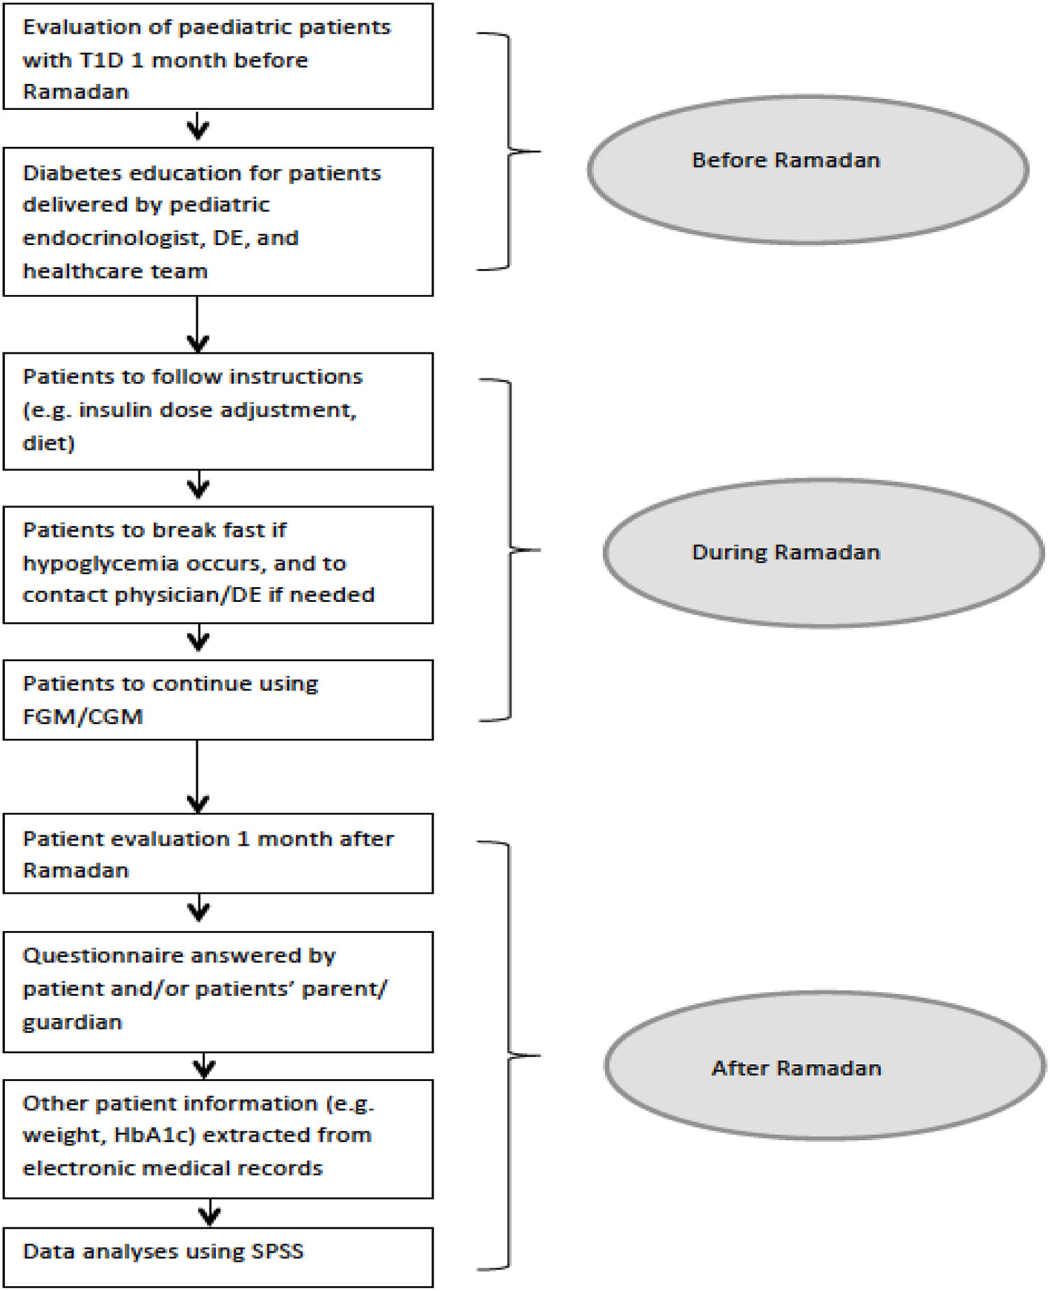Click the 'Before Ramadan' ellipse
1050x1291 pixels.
[807, 169]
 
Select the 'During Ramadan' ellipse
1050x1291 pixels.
[823, 552]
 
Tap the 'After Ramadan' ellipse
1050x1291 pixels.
[824, 1065]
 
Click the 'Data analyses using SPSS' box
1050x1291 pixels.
[218, 1257]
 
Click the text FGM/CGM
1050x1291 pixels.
[83, 716]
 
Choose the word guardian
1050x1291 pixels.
[73, 1021]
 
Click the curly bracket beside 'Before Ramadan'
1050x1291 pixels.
[510, 151]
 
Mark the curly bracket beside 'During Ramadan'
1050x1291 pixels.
[512, 549]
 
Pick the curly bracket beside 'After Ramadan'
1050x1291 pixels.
[510, 1056]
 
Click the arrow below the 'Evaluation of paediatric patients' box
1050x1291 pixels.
[198, 127]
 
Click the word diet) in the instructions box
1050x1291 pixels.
[49, 443]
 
